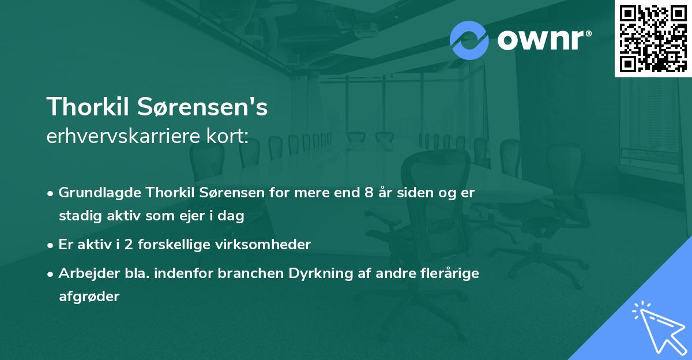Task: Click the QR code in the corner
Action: [x=653, y=39]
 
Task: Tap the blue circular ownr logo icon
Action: [x=469, y=40]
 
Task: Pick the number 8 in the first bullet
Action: [x=368, y=192]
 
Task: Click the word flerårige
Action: [x=449, y=273]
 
